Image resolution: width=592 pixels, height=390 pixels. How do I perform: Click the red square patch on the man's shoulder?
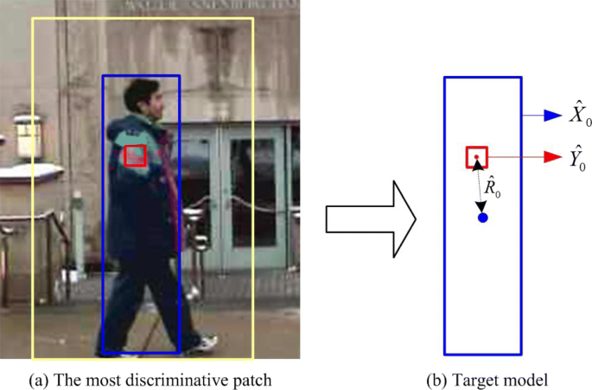coord(135,155)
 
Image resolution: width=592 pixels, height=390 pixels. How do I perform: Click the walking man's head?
coord(143,97)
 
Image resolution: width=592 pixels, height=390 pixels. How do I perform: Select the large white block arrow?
coord(370,219)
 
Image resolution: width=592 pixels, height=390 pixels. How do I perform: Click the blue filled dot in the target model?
coord(483,217)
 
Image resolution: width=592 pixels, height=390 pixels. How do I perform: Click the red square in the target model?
coord(477,157)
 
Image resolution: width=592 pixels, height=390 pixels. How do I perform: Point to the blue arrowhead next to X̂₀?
coord(552,115)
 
